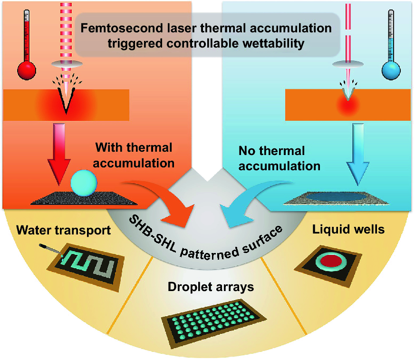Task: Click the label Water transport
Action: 63,231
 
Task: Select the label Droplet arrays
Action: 211,287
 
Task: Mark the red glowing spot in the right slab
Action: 347,105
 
